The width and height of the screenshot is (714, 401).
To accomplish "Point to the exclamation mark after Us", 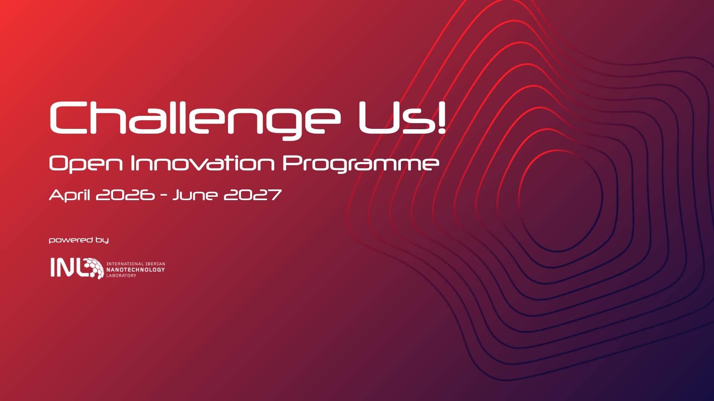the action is click(x=441, y=117).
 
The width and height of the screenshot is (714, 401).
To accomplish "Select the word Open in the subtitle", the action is click(x=86, y=164).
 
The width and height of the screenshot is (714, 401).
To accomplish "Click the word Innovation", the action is click(x=203, y=163).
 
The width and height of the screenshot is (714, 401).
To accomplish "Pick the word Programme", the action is click(x=361, y=164).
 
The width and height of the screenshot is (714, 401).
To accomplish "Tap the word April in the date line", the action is click(x=70, y=195).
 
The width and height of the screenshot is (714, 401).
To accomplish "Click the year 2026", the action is click(x=125, y=195).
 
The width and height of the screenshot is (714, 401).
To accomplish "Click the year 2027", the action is click(x=253, y=195).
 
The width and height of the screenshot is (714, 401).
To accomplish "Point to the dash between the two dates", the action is click(x=164, y=196).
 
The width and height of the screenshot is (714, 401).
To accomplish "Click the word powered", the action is click(x=71, y=240).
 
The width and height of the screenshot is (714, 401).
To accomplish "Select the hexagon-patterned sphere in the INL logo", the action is click(x=94, y=268).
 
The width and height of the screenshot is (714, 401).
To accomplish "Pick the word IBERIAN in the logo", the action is click(x=155, y=264).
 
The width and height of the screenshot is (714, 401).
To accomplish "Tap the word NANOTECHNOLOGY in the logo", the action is click(x=136, y=270).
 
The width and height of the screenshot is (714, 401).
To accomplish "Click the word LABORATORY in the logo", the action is click(x=122, y=276).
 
